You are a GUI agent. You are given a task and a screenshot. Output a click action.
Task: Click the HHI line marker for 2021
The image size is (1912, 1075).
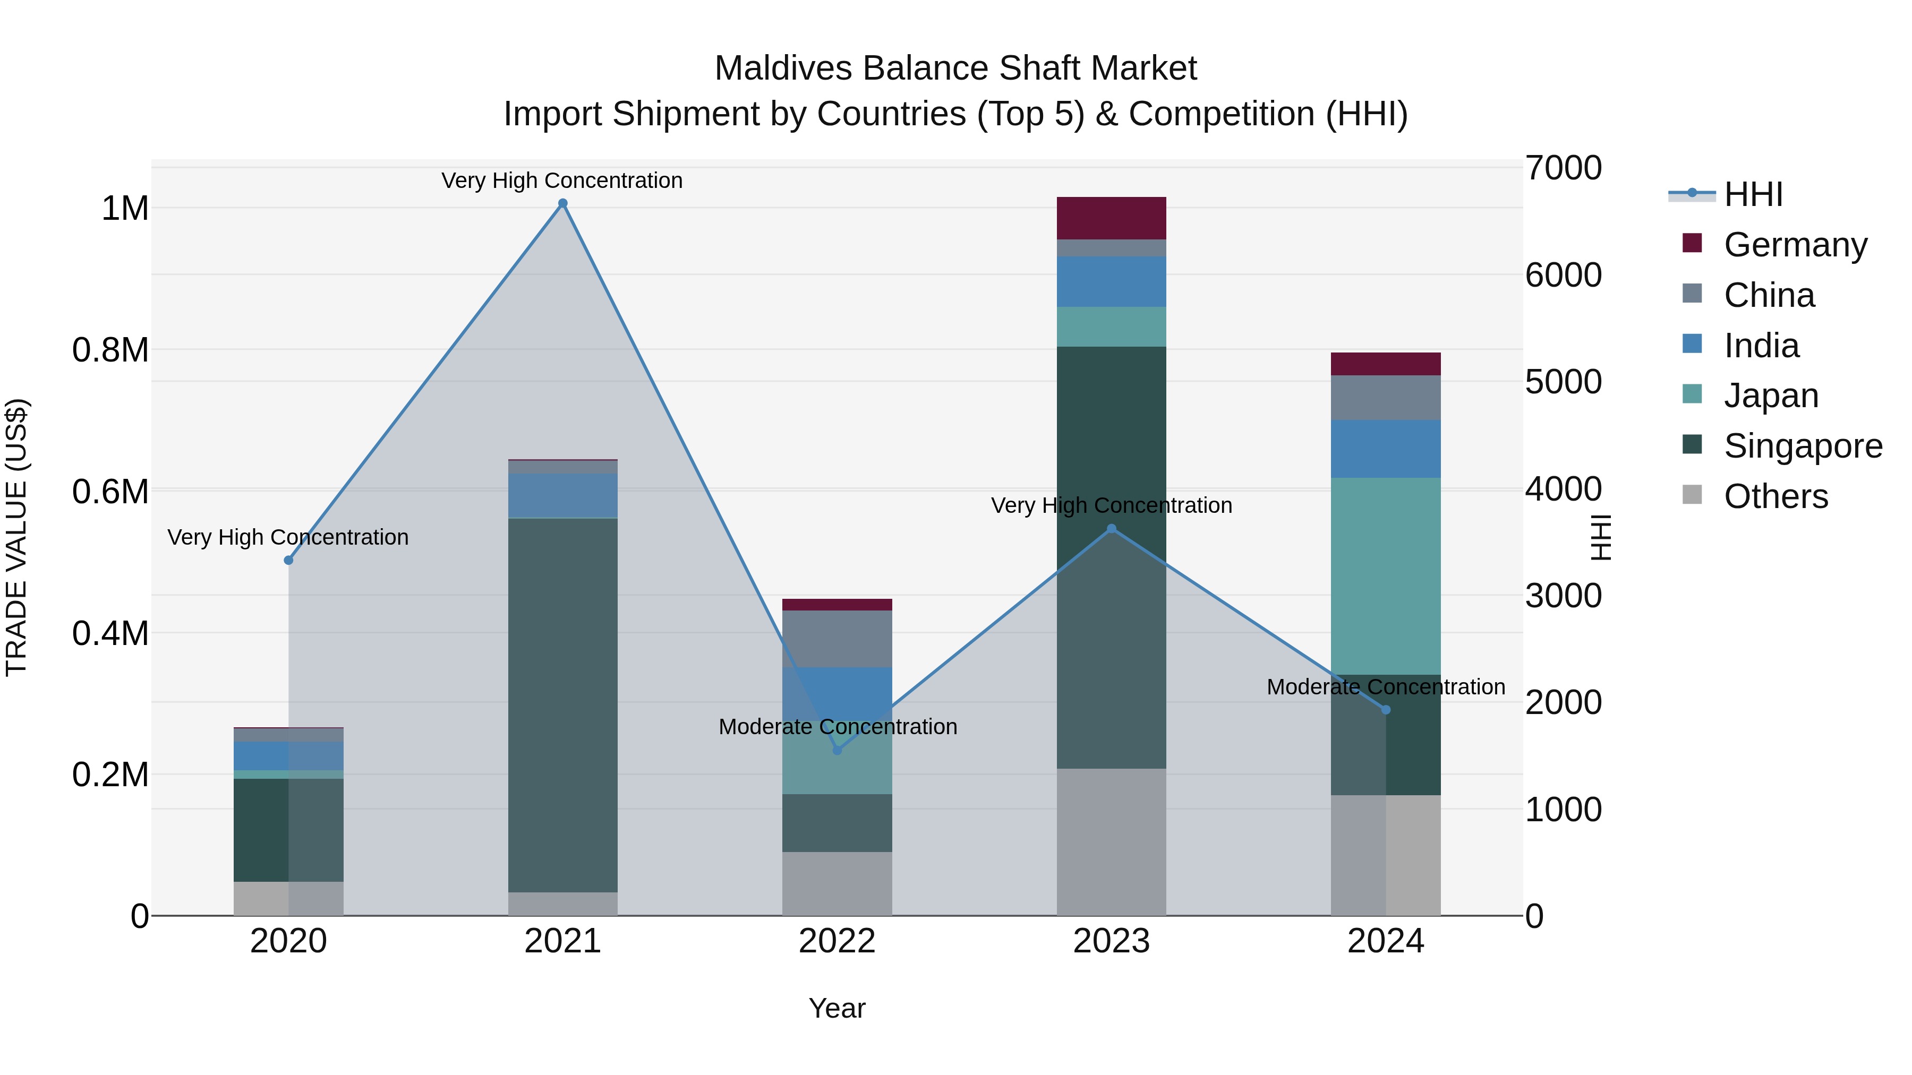point(562,203)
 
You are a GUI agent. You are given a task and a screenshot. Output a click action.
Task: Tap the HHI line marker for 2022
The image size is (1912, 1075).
point(837,750)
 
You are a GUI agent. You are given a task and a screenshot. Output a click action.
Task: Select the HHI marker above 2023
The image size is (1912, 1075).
point(1111,529)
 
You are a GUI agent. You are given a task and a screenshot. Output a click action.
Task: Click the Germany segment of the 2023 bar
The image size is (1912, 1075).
point(1111,218)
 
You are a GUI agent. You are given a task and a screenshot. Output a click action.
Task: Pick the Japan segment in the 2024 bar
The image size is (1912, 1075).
point(1385,575)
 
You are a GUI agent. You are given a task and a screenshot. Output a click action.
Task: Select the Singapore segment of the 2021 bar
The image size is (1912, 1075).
point(562,705)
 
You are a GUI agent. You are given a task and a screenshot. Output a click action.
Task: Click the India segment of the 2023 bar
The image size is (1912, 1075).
point(1111,282)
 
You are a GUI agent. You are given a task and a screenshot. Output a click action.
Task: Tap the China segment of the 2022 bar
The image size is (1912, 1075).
point(837,639)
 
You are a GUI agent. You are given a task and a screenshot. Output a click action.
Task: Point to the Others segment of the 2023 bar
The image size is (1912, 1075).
point(1111,841)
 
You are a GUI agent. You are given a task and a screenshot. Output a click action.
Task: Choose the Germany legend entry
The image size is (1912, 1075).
point(1795,245)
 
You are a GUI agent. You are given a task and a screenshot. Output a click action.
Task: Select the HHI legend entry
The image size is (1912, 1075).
point(1753,194)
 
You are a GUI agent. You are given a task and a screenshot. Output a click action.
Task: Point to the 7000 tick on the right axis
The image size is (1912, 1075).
point(1563,168)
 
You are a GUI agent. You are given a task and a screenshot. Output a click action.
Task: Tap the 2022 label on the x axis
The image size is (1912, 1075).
point(837,941)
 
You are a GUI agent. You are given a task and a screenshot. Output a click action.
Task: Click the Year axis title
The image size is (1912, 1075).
point(837,1008)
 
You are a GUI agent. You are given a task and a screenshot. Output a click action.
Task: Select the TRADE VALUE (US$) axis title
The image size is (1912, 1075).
point(17,537)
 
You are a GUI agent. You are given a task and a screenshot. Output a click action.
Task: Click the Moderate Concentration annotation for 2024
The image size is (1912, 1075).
point(1385,687)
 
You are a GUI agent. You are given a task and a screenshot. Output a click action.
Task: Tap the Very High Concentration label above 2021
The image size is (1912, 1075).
point(562,180)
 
